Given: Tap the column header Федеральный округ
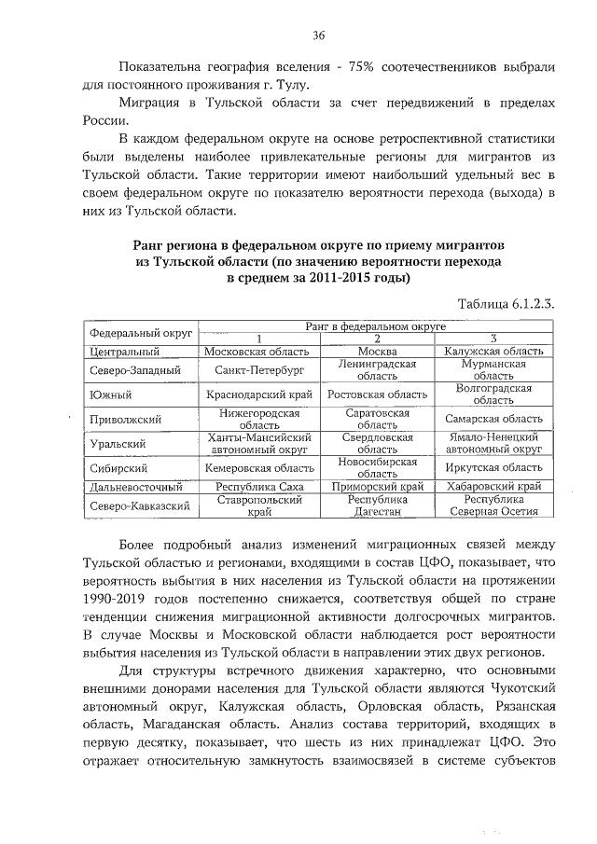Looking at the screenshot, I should (x=141, y=333).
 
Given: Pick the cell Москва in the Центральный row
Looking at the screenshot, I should (x=378, y=351).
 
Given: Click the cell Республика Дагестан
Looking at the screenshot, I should (x=378, y=505).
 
